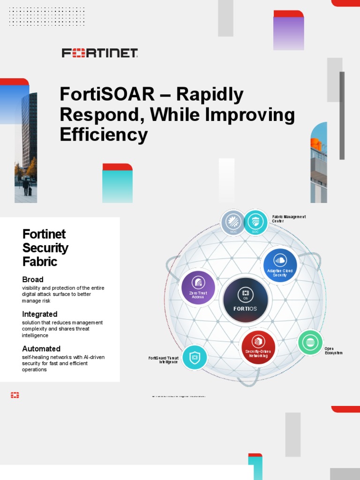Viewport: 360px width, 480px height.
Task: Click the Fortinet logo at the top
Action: [100, 52]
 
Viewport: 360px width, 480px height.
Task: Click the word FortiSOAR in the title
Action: [107, 95]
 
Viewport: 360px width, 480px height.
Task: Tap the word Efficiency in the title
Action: [104, 135]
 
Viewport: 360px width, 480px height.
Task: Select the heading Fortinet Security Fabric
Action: [45, 247]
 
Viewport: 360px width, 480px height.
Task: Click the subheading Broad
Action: [33, 279]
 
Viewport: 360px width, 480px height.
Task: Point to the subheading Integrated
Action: [40, 314]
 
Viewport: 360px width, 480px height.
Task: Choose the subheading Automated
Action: [41, 349]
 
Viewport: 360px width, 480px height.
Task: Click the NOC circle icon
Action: [233, 222]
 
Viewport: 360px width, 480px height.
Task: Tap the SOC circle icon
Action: [255, 222]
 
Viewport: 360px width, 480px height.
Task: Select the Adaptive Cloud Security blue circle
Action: [280, 265]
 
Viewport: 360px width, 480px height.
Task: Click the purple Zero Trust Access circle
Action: [198, 287]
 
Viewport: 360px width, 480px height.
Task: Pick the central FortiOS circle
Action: [246, 300]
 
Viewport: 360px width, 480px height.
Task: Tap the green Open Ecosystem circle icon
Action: [310, 343]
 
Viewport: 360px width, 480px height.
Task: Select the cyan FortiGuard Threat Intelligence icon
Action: [195, 357]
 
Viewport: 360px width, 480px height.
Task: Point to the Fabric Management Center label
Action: [289, 218]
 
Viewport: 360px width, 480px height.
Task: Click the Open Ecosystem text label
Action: [333, 351]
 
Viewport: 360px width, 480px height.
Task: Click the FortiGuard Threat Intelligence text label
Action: [163, 360]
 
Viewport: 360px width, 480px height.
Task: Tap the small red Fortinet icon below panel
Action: [15, 396]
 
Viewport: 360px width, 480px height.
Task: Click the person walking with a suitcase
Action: [26, 186]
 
